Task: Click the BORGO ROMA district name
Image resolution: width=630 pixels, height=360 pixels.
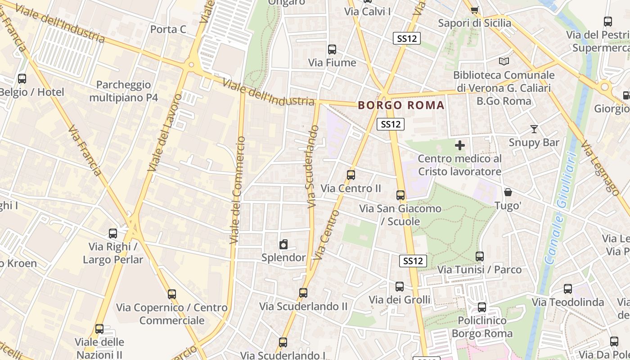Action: (401, 105)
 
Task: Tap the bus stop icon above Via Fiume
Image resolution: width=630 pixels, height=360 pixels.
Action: (332, 49)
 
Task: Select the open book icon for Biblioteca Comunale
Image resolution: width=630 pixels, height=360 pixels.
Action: (504, 61)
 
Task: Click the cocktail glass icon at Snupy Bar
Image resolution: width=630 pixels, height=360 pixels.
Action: (534, 129)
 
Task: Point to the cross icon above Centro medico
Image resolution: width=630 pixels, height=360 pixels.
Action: (460, 145)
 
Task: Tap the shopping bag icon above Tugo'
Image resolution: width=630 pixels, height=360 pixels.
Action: (508, 192)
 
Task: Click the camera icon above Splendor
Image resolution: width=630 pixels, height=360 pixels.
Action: (283, 244)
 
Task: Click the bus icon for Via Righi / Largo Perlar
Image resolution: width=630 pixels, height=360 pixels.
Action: (113, 234)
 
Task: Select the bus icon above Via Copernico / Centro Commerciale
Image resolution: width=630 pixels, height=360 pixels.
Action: (172, 294)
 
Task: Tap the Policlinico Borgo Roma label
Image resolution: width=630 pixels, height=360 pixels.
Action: (481, 327)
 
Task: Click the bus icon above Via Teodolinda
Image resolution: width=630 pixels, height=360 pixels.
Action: (568, 289)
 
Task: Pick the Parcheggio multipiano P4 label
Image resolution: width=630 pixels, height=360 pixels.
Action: (123, 91)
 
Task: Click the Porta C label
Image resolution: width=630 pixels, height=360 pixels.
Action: (168, 29)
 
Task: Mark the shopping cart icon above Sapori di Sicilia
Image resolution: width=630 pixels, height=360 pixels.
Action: (474, 10)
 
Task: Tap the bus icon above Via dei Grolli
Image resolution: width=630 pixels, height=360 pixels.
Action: (400, 287)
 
